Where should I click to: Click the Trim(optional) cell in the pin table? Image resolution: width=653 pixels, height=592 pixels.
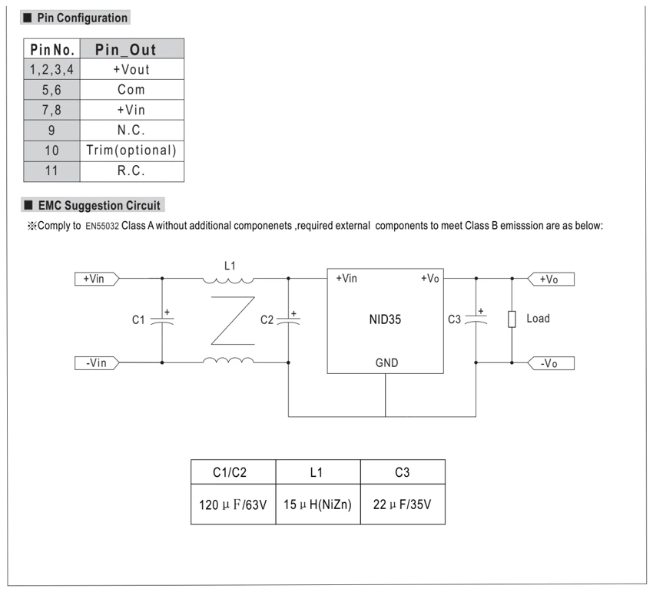[x=131, y=150]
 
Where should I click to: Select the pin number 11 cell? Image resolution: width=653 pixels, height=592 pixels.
[x=51, y=171]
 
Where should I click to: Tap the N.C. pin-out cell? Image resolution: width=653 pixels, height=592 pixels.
[x=131, y=131]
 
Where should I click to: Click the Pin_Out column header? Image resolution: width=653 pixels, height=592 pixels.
[x=131, y=49]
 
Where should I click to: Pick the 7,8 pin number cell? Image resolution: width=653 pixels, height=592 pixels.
[x=51, y=110]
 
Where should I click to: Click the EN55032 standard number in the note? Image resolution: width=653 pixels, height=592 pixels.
[x=102, y=226]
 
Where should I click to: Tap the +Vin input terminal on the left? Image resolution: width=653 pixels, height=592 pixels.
[x=97, y=279]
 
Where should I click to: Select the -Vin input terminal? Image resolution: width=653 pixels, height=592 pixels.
[x=97, y=363]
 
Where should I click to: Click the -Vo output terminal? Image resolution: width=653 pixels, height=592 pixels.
[x=551, y=363]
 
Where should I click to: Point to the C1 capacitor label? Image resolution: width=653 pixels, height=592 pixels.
[x=138, y=319]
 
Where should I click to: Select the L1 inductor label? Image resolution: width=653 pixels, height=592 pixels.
[x=230, y=266]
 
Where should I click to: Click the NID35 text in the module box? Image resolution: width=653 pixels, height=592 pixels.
[x=385, y=319]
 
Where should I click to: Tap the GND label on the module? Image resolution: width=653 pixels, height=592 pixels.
[x=387, y=363]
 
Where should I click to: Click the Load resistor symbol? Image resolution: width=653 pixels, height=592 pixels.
[x=512, y=319]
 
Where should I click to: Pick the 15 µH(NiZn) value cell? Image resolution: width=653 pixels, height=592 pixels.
[x=318, y=504]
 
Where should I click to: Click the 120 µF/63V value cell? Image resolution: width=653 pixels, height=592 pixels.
[x=234, y=504]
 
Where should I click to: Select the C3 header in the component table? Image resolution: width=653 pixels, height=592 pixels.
[x=403, y=472]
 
